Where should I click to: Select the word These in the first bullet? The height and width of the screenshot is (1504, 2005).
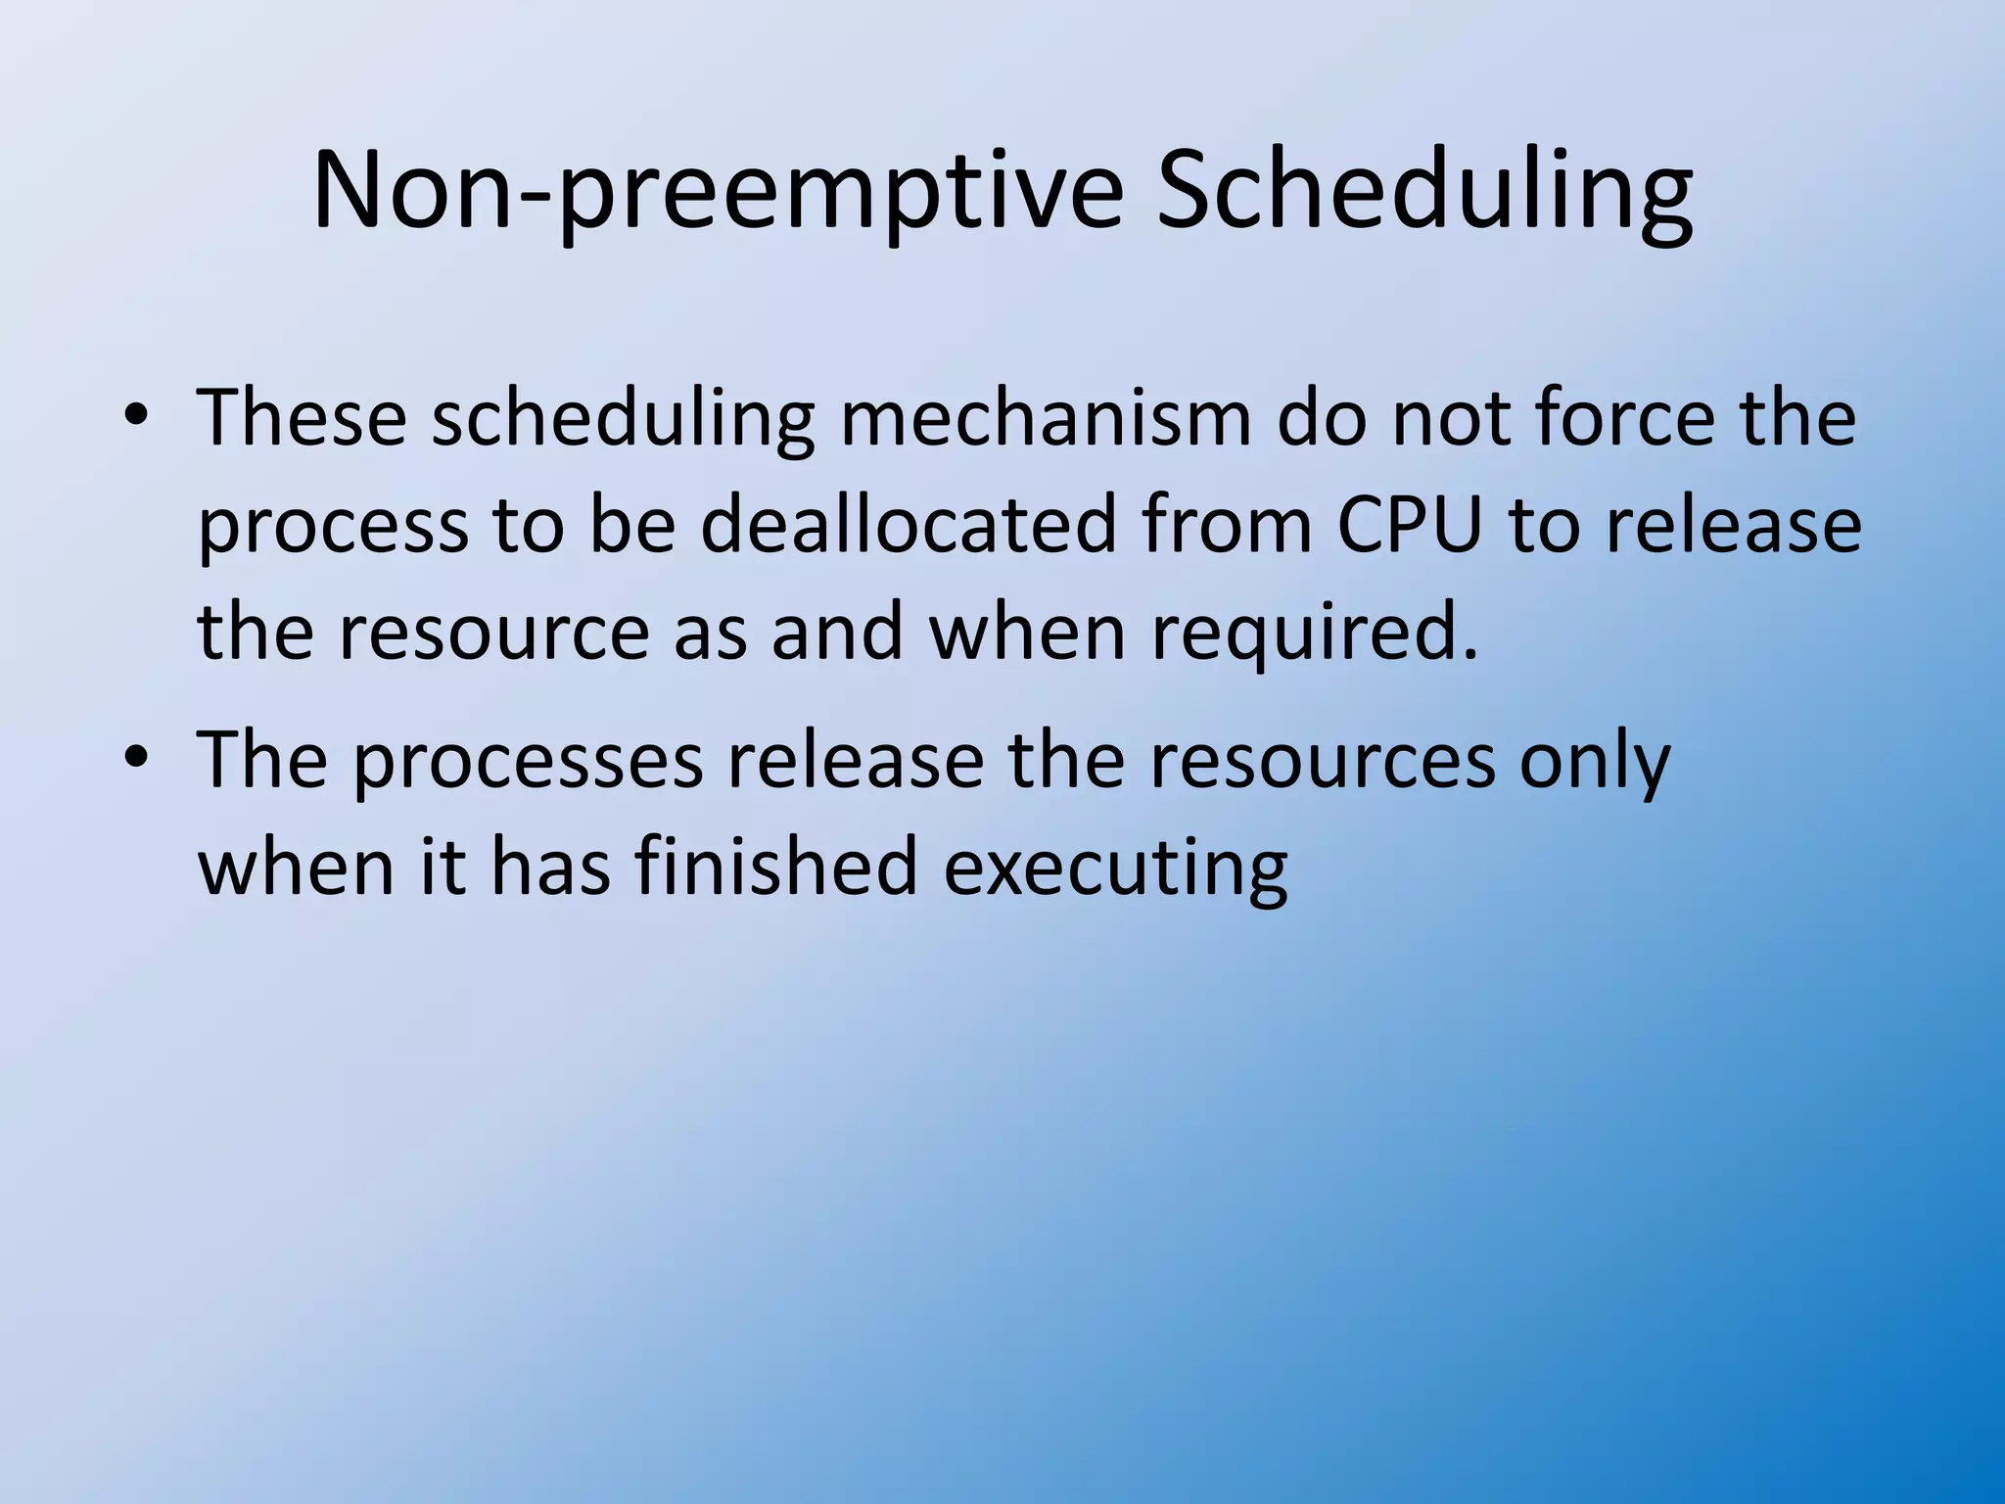(302, 418)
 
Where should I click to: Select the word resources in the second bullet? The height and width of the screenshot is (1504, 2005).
(1323, 761)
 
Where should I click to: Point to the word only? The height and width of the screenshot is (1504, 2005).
(1595, 761)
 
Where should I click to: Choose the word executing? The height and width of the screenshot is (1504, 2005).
(1115, 869)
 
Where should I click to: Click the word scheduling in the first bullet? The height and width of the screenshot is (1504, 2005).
(623, 418)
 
